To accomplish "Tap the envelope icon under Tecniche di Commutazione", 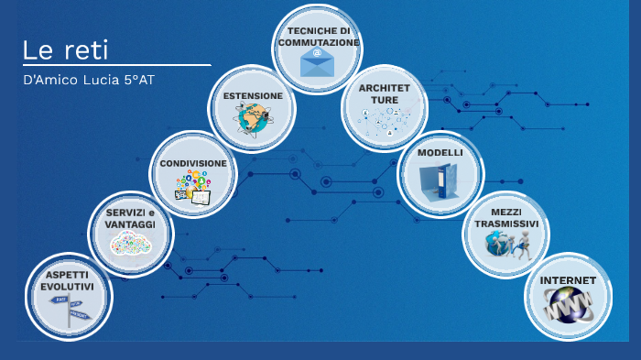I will tap(317, 61).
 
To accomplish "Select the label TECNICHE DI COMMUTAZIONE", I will tap(318, 36).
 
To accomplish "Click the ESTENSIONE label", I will tap(252, 95).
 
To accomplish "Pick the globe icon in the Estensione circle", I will tap(251, 119).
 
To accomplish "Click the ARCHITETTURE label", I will tap(385, 94).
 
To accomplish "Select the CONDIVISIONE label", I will tap(193, 163).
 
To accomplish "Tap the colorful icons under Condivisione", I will tap(193, 186).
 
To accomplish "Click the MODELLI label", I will tap(440, 153).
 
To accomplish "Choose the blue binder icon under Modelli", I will tap(440, 181).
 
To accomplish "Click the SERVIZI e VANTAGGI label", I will tap(130, 219).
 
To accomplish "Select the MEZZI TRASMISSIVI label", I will tap(506, 217).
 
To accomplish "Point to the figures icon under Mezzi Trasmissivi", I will tap(506, 243).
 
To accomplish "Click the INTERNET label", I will tap(568, 280).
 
